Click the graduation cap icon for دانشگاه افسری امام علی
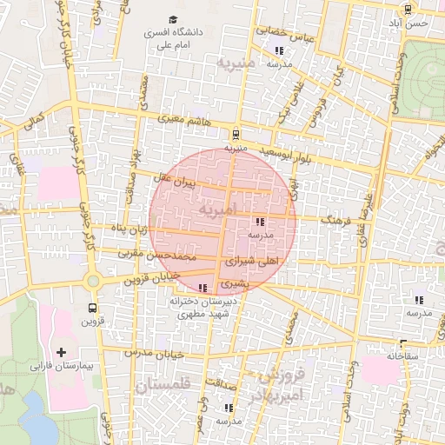(173, 19)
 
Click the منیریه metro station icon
(235, 134)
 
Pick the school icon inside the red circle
(261, 222)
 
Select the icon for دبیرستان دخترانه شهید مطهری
(203, 288)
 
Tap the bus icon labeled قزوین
(92, 308)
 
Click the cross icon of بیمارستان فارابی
(61, 352)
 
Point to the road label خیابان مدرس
(155, 353)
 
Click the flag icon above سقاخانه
(402, 343)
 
